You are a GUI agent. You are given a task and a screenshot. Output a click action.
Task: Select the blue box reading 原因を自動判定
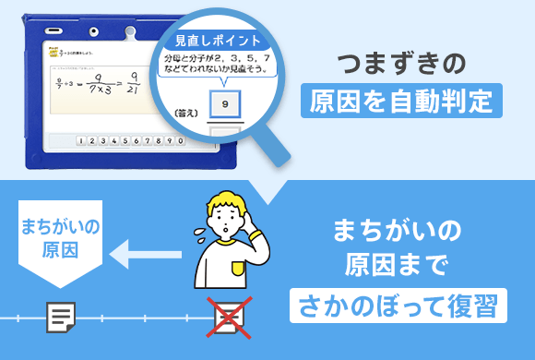point(400,100)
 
